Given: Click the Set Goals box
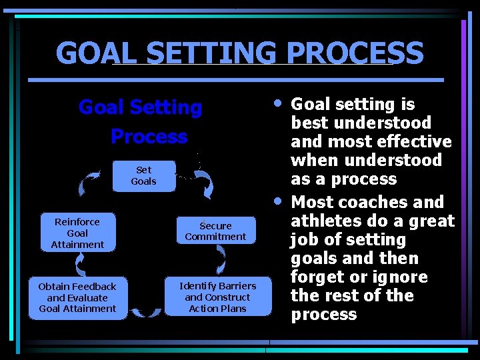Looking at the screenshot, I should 143,176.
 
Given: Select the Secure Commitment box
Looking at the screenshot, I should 215,231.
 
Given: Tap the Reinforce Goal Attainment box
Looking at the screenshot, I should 77,233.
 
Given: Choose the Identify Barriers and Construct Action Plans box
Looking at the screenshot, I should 218,297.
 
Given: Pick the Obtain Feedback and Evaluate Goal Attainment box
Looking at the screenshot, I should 77,297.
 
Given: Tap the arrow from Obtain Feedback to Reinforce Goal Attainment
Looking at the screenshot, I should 79,265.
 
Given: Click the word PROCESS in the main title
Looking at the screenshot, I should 354,53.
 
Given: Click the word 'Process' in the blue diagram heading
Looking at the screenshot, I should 149,136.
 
